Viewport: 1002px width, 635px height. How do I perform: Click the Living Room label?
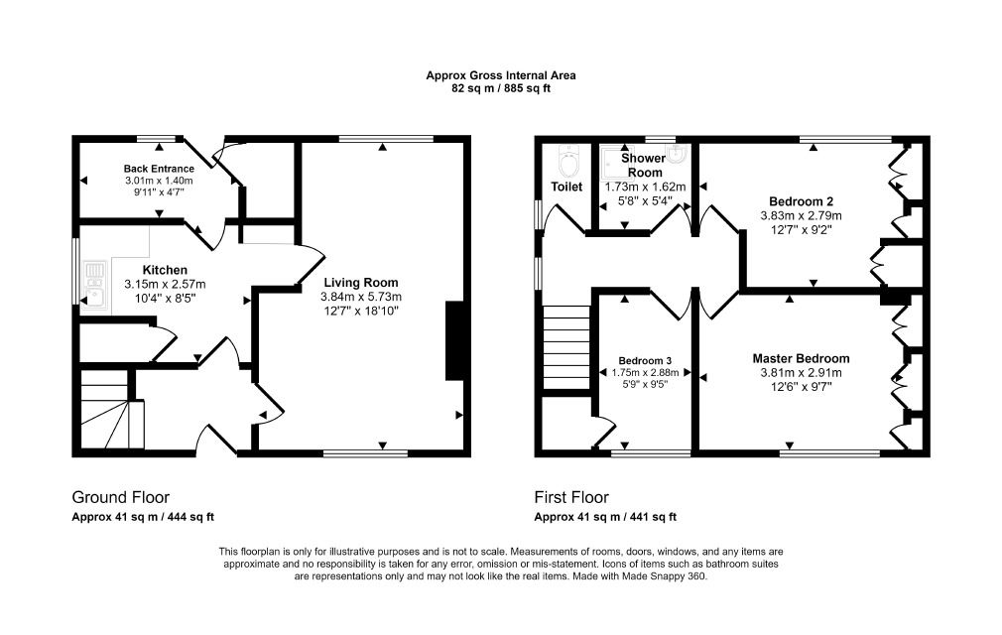point(361,283)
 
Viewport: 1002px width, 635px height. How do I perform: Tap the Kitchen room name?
point(165,270)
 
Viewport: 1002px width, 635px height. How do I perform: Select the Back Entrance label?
point(159,169)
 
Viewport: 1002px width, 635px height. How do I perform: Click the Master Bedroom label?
point(801,358)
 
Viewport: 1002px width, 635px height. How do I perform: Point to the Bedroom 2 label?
point(801,201)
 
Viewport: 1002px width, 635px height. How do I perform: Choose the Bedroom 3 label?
point(645,361)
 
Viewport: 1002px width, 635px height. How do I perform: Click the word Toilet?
point(566,187)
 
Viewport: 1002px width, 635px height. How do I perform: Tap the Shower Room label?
point(644,165)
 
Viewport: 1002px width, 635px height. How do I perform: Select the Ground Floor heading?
point(120,497)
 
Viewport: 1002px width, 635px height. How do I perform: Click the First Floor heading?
point(571,497)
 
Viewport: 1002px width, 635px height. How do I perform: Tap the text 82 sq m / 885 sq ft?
point(501,88)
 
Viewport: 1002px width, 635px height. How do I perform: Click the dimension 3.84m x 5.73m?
point(361,297)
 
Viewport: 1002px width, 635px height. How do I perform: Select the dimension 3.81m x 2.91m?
point(801,373)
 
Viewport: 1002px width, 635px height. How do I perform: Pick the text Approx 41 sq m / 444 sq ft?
point(143,517)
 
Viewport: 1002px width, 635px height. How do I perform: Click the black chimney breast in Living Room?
point(454,341)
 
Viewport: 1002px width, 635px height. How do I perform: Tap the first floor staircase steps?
point(566,347)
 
